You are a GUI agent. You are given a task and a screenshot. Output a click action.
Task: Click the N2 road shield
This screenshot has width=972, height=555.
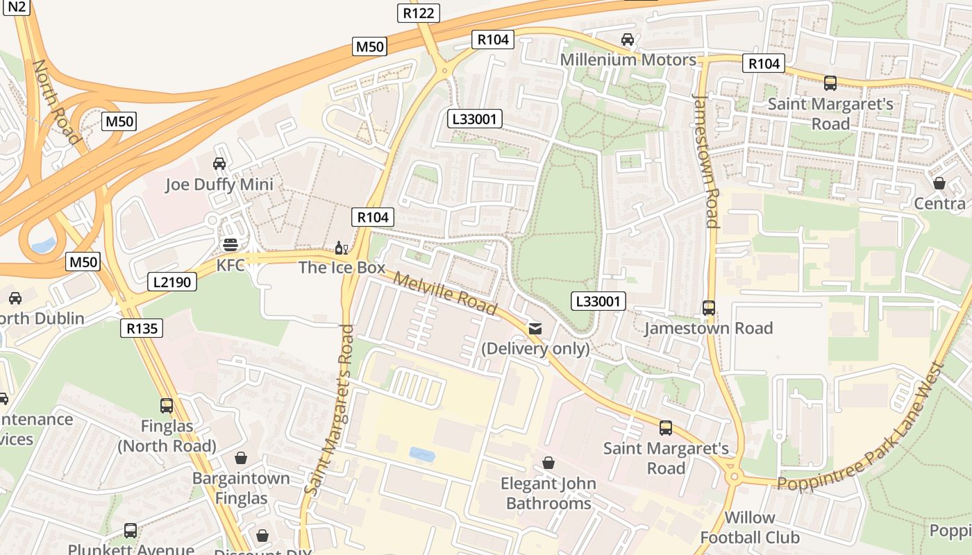pos(19,6)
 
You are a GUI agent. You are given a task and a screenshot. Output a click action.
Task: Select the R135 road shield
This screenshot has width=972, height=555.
pos(142,328)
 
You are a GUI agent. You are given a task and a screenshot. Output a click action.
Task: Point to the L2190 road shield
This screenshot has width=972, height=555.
pos(172,282)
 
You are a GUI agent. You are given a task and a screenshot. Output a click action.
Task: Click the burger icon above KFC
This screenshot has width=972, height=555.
pos(231,245)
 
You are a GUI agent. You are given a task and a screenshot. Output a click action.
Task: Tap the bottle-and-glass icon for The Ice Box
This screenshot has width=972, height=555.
pos(342,248)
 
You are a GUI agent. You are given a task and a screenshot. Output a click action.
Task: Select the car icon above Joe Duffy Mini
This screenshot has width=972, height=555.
pos(219,164)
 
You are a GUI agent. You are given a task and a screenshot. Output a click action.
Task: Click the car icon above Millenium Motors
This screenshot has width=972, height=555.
pos(628,40)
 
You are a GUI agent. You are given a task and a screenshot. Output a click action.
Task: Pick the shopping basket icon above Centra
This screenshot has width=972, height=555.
pos(939,183)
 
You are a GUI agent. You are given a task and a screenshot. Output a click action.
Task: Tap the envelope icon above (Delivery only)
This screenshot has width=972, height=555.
pos(535,328)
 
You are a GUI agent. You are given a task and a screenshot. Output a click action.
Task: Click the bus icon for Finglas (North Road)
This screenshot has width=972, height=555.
pos(167,405)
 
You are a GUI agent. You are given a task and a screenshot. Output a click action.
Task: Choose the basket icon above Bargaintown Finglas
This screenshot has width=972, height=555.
pos(241,458)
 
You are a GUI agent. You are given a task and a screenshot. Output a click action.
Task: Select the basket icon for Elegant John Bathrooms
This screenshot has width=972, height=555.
pos(548,462)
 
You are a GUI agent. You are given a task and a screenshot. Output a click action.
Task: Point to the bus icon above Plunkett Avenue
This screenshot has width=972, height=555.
pos(131,531)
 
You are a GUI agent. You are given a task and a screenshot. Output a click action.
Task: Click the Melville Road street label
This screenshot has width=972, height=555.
pos(445,293)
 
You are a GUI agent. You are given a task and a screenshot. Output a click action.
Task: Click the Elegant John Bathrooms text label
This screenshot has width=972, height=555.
pos(548,493)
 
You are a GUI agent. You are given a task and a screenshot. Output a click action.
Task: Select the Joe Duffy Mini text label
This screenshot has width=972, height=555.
pos(219,185)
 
